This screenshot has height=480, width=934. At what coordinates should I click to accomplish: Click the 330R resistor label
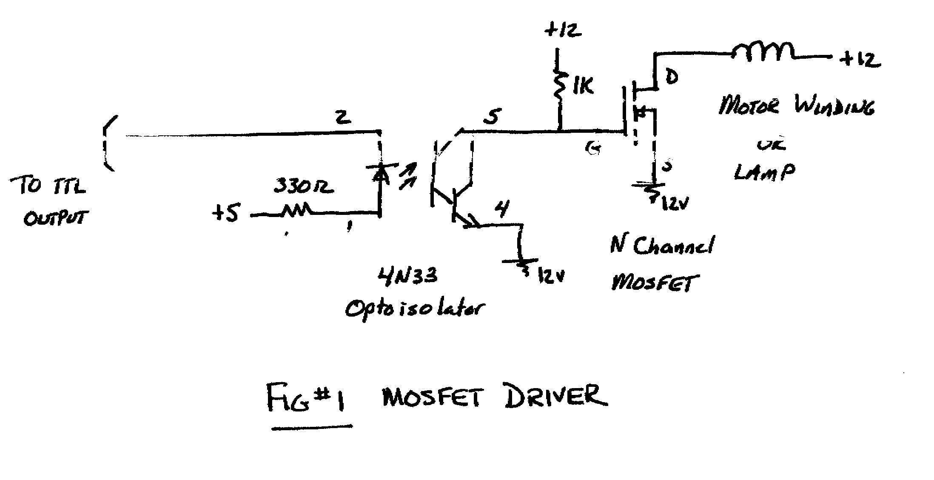tap(302, 186)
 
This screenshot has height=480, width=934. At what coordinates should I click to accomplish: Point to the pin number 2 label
tap(343, 117)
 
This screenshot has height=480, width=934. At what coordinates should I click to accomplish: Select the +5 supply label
tap(226, 213)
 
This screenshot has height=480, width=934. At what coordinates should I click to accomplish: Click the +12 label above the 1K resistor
tap(562, 31)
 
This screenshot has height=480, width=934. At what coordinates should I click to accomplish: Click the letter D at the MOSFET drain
tap(671, 77)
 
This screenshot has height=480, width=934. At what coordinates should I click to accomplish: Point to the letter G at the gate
tap(593, 148)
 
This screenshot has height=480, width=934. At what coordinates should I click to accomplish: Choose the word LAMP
tap(764, 172)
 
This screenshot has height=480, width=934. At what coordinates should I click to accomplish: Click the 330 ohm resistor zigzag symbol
tap(296, 211)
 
